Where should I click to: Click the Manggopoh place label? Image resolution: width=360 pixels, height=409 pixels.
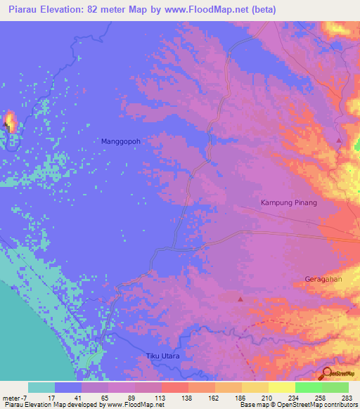tap(121, 141)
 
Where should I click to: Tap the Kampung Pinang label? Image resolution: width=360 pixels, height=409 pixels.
tap(289, 202)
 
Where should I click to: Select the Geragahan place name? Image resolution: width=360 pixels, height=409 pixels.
tap(324, 279)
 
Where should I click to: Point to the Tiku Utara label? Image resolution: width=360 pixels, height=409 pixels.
tap(163, 356)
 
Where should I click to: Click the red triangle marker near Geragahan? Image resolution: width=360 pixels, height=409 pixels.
tap(240, 299)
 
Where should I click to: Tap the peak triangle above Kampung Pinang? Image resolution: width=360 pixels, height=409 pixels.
tap(340, 141)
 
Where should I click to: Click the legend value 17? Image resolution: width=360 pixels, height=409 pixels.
tap(51, 397)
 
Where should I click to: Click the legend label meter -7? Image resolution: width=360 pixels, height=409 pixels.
tap(15, 397)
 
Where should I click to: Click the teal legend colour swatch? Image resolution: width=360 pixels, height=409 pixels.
tap(41, 387)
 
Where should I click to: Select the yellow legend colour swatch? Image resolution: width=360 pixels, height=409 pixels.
tap(281, 387)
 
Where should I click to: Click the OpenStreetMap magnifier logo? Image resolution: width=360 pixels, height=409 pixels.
tap(328, 372)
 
